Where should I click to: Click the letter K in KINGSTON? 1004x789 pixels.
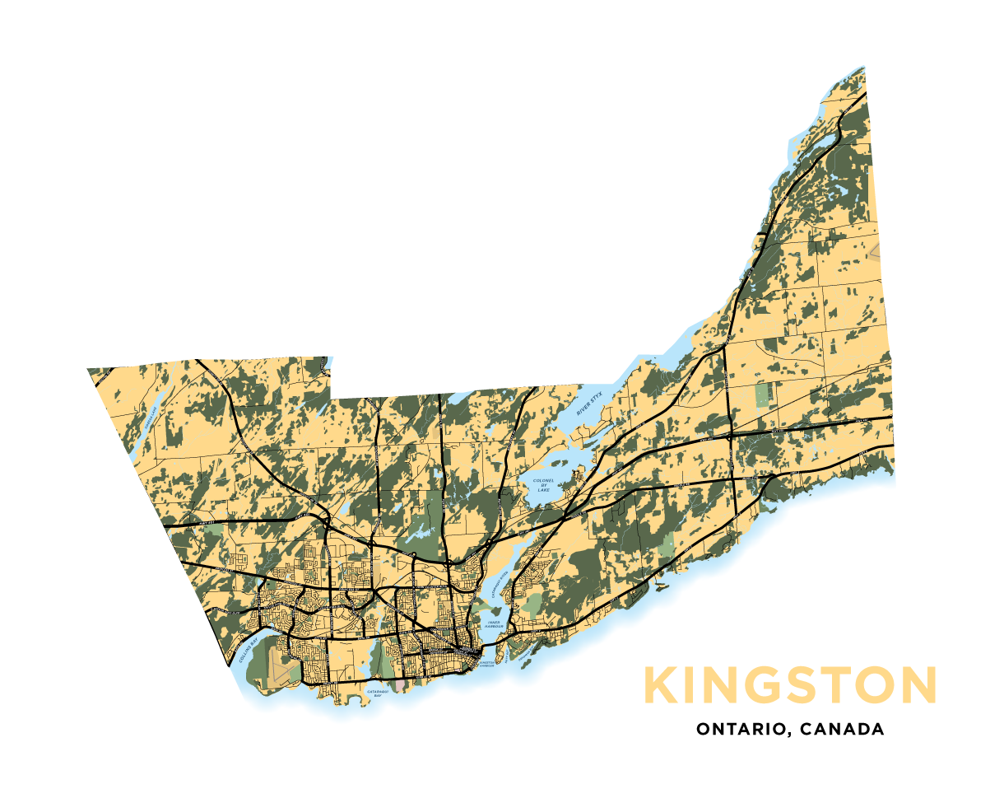(660, 685)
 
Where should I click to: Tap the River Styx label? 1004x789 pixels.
(589, 404)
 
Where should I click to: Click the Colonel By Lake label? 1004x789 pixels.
(543, 485)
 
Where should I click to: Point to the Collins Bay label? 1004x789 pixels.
(249, 652)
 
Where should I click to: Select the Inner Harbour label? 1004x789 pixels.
(493, 624)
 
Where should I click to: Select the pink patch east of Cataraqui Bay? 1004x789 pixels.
(400, 684)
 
